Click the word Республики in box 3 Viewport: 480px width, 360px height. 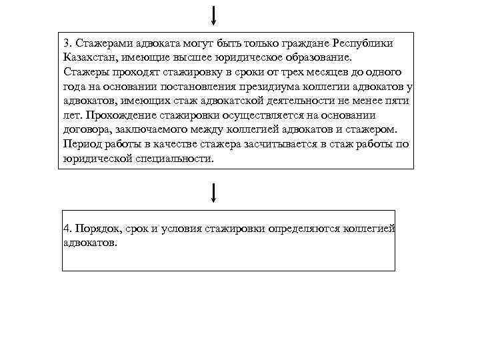[361, 43]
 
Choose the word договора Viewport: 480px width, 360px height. [89, 129]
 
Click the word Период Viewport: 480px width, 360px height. [82, 144]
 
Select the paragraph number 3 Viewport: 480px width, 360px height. [67, 43]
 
